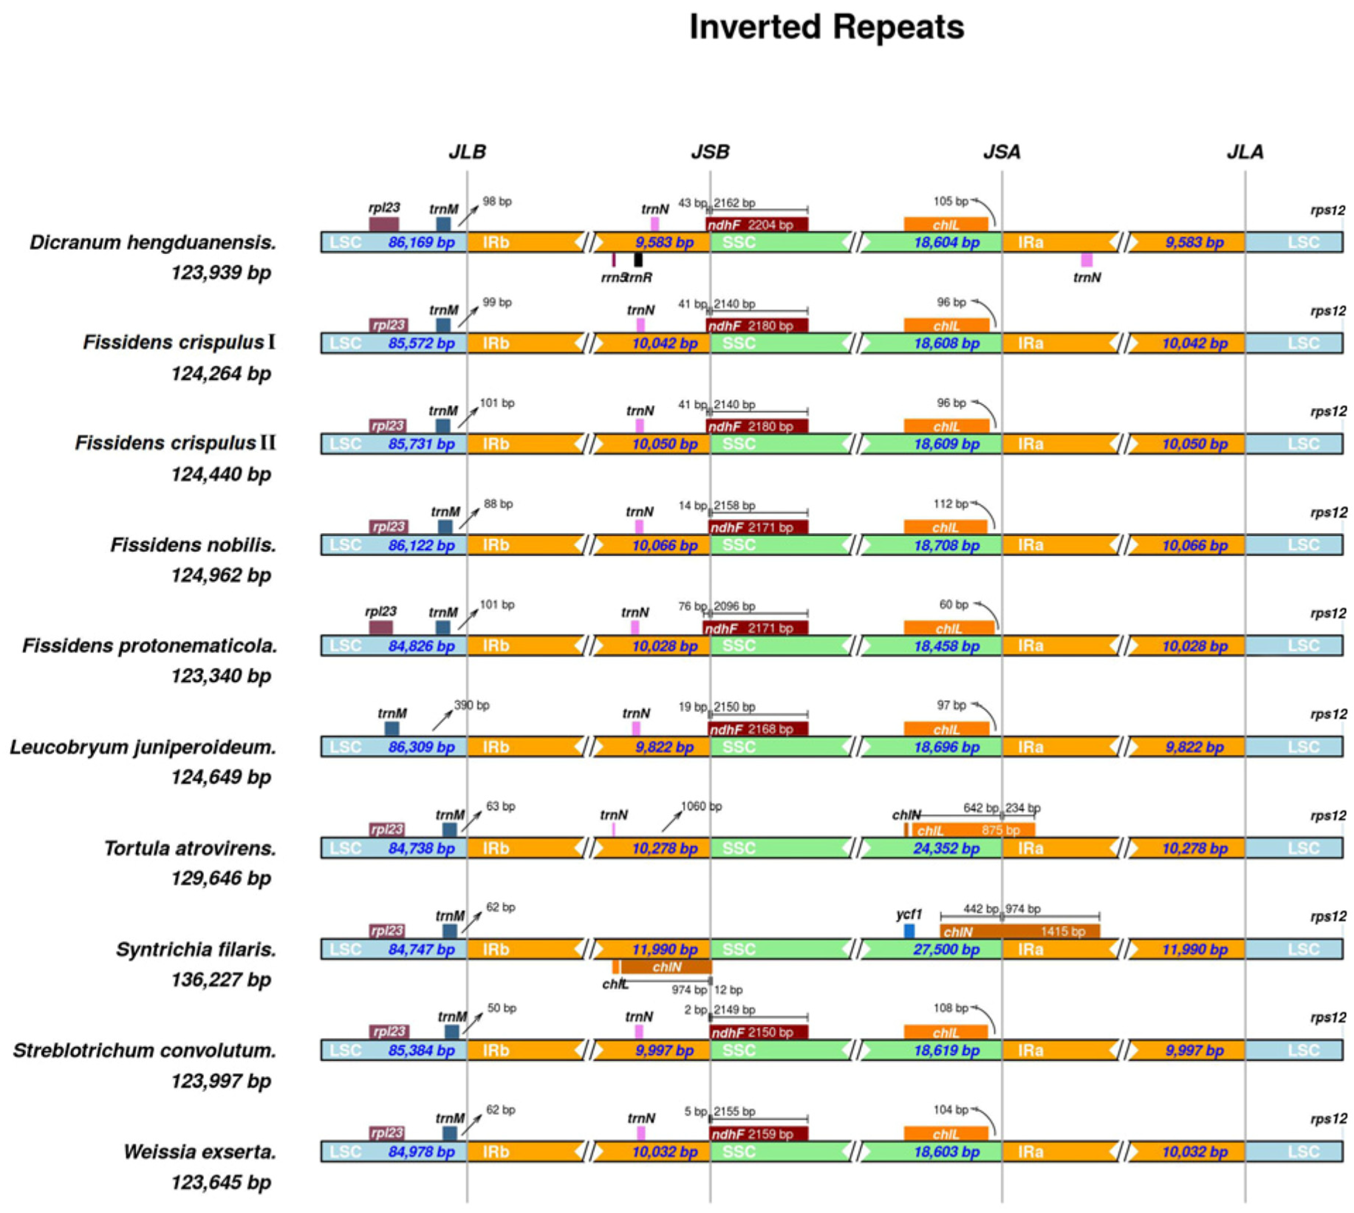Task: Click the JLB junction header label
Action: (x=467, y=152)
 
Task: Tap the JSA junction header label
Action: (x=1001, y=152)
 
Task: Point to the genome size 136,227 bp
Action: (x=220, y=980)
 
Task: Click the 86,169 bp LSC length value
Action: (x=421, y=243)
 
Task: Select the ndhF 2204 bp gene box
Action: (x=758, y=225)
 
